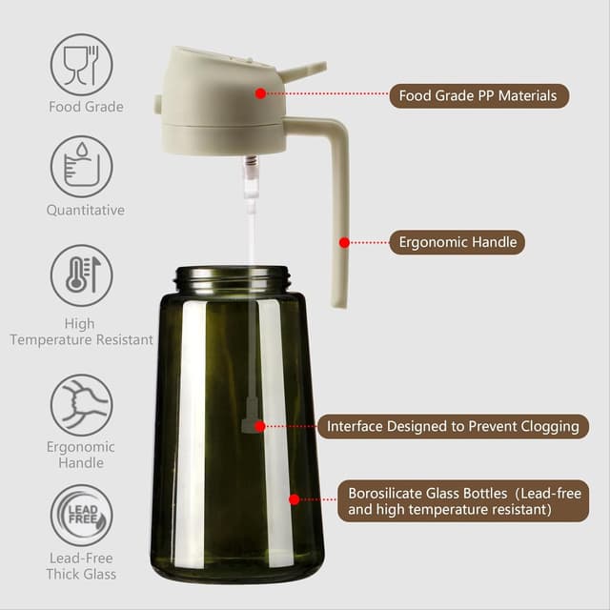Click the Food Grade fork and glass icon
click(81, 64)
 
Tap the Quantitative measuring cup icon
click(81, 167)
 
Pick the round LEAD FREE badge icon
click(81, 516)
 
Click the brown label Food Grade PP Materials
click(478, 95)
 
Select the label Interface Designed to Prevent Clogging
click(453, 426)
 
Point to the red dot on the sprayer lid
click(259, 92)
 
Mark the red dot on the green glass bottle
click(294, 498)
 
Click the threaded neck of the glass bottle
click(233, 278)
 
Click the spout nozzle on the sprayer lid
click(302, 70)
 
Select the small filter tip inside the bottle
click(251, 419)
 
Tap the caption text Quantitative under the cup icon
click(85, 210)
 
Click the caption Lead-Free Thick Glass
click(81, 566)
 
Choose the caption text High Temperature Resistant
click(81, 332)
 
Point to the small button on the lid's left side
click(158, 103)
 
